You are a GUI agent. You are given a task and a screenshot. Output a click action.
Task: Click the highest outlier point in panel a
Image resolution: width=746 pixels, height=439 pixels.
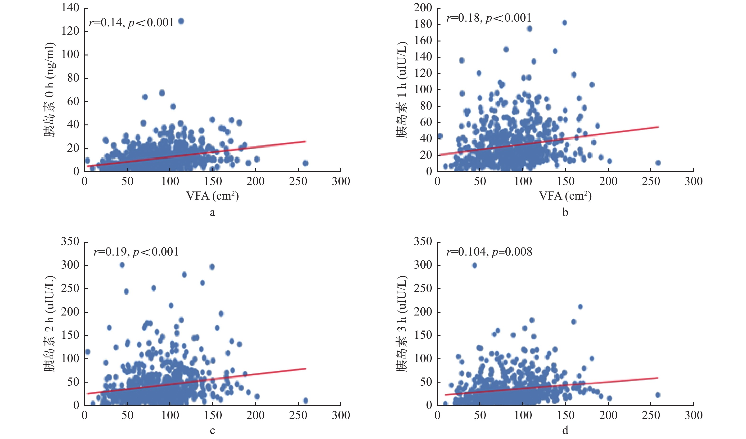181,21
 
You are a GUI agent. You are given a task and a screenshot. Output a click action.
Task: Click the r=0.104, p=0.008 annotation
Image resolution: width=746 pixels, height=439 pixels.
489,252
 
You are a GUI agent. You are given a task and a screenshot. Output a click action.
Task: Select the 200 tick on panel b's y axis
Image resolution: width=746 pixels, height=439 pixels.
423,8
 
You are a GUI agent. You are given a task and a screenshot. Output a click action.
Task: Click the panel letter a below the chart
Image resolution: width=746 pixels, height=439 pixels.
212,212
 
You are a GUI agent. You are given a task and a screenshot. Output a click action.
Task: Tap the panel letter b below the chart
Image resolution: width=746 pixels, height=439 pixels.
565,212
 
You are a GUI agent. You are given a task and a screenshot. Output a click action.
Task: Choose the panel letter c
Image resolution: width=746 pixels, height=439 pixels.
212,431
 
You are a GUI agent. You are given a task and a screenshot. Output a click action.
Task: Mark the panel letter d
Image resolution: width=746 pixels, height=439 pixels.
565,430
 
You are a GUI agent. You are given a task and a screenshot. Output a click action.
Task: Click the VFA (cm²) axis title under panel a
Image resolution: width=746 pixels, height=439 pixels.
212,196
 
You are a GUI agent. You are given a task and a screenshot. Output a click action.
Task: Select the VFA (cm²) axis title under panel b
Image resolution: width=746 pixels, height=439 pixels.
565,196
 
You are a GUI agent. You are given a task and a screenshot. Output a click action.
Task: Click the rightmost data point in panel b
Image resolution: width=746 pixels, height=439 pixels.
658,163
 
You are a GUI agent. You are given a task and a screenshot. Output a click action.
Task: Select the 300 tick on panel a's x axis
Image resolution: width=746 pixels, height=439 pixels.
341,181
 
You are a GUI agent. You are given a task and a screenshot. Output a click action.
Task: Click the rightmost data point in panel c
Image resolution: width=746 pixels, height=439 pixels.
306,401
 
